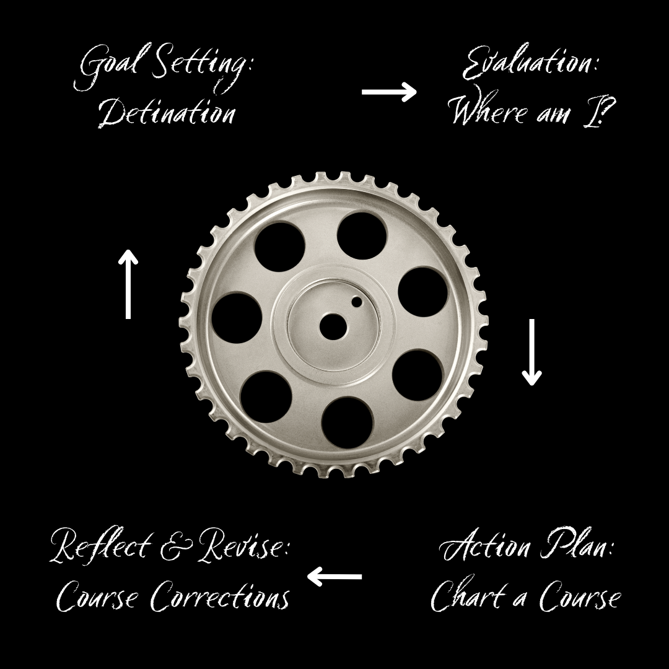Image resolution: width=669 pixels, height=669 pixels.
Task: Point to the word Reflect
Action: point(100,547)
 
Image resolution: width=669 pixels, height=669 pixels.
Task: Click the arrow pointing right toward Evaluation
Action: point(389,93)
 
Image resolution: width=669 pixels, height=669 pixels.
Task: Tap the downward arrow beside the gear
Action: point(531,352)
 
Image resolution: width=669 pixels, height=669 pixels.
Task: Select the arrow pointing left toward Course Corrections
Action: point(334,577)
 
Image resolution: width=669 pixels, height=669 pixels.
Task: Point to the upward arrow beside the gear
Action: point(128,284)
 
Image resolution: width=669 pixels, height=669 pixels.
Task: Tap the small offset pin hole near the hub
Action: point(357,302)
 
